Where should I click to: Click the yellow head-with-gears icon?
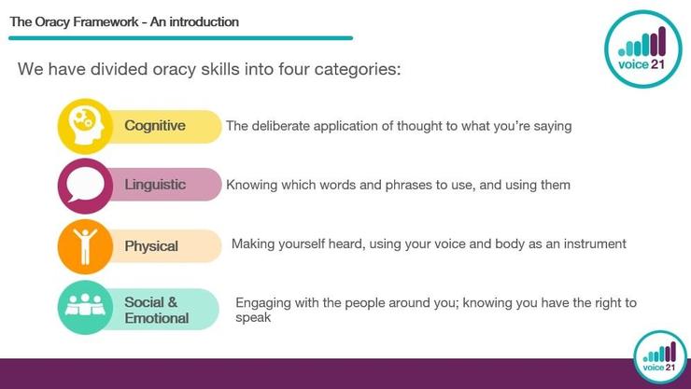pos(86,126)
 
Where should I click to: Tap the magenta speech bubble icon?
pos(86,186)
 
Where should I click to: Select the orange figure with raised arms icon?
pos(86,246)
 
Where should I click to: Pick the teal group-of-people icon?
pos(86,307)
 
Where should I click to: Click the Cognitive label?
pos(155,126)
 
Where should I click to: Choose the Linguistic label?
pos(155,185)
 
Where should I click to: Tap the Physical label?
pos(151,246)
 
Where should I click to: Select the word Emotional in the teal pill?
pos(157,318)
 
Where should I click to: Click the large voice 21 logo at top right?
pos(643,49)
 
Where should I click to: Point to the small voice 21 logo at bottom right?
pos(659,357)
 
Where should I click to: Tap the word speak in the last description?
pos(253,318)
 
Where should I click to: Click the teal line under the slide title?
pos(180,38)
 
